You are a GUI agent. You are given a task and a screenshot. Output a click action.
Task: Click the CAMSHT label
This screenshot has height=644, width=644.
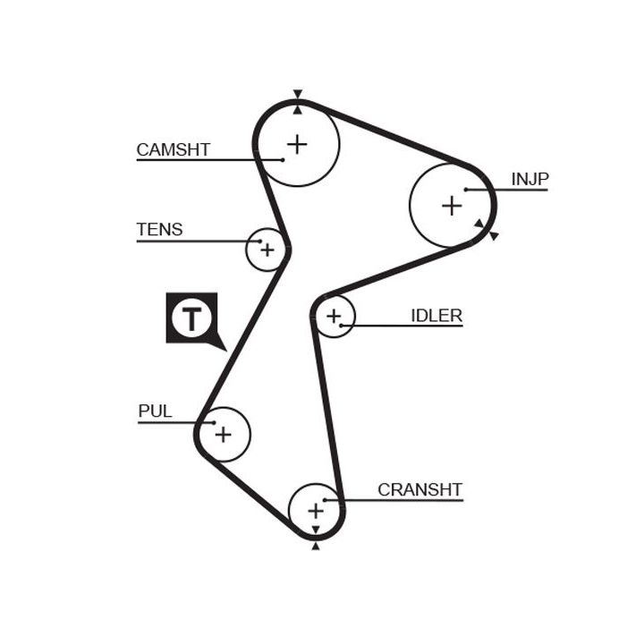[173, 149]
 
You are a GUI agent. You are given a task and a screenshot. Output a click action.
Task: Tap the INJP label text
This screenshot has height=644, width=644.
[530, 179]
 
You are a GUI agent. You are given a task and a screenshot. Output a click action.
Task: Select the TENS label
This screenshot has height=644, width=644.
[159, 229]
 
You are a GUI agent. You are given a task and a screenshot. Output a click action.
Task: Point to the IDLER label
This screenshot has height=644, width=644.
[436, 315]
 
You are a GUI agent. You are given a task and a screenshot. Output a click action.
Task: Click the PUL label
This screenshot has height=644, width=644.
[155, 411]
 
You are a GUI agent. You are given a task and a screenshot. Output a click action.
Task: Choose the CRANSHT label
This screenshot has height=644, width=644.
[419, 489]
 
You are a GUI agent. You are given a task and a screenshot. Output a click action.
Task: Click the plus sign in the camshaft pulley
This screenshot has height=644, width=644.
[297, 143]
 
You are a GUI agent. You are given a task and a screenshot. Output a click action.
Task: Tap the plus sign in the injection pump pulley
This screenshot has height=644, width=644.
[452, 206]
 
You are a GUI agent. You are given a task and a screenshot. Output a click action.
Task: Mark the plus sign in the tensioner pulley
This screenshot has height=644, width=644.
[267, 249]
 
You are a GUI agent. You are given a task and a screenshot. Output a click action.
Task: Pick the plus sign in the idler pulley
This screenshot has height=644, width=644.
[334, 316]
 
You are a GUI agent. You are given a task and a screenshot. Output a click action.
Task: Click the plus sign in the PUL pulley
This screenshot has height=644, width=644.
[223, 435]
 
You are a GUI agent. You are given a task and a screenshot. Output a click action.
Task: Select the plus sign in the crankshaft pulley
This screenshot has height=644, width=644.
[315, 510]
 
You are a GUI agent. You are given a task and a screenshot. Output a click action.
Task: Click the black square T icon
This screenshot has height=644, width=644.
[191, 318]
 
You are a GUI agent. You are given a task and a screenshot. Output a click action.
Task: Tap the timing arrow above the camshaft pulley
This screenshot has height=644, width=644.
[298, 95]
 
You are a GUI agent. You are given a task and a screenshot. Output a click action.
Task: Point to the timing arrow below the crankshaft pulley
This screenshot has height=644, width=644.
[315, 545]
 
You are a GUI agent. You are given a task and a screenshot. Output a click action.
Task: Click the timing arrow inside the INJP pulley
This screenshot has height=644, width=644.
[479, 223]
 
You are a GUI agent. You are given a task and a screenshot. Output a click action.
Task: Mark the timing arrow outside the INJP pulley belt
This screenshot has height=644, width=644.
[493, 235]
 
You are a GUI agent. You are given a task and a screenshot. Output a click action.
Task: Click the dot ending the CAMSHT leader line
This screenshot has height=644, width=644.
[283, 160]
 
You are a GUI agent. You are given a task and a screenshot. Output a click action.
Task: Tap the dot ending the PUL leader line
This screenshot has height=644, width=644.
[214, 422]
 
